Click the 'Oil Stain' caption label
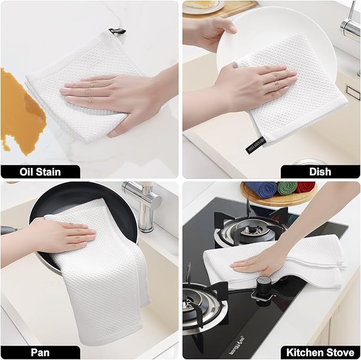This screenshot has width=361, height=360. [x=40, y=171]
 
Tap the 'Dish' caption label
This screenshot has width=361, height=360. [x=320, y=171]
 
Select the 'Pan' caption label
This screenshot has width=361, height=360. [x=40, y=352]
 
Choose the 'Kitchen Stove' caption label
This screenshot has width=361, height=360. [x=320, y=352]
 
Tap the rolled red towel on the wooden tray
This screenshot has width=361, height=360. [x=307, y=187]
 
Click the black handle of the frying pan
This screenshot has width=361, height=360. [x=11, y=230]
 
